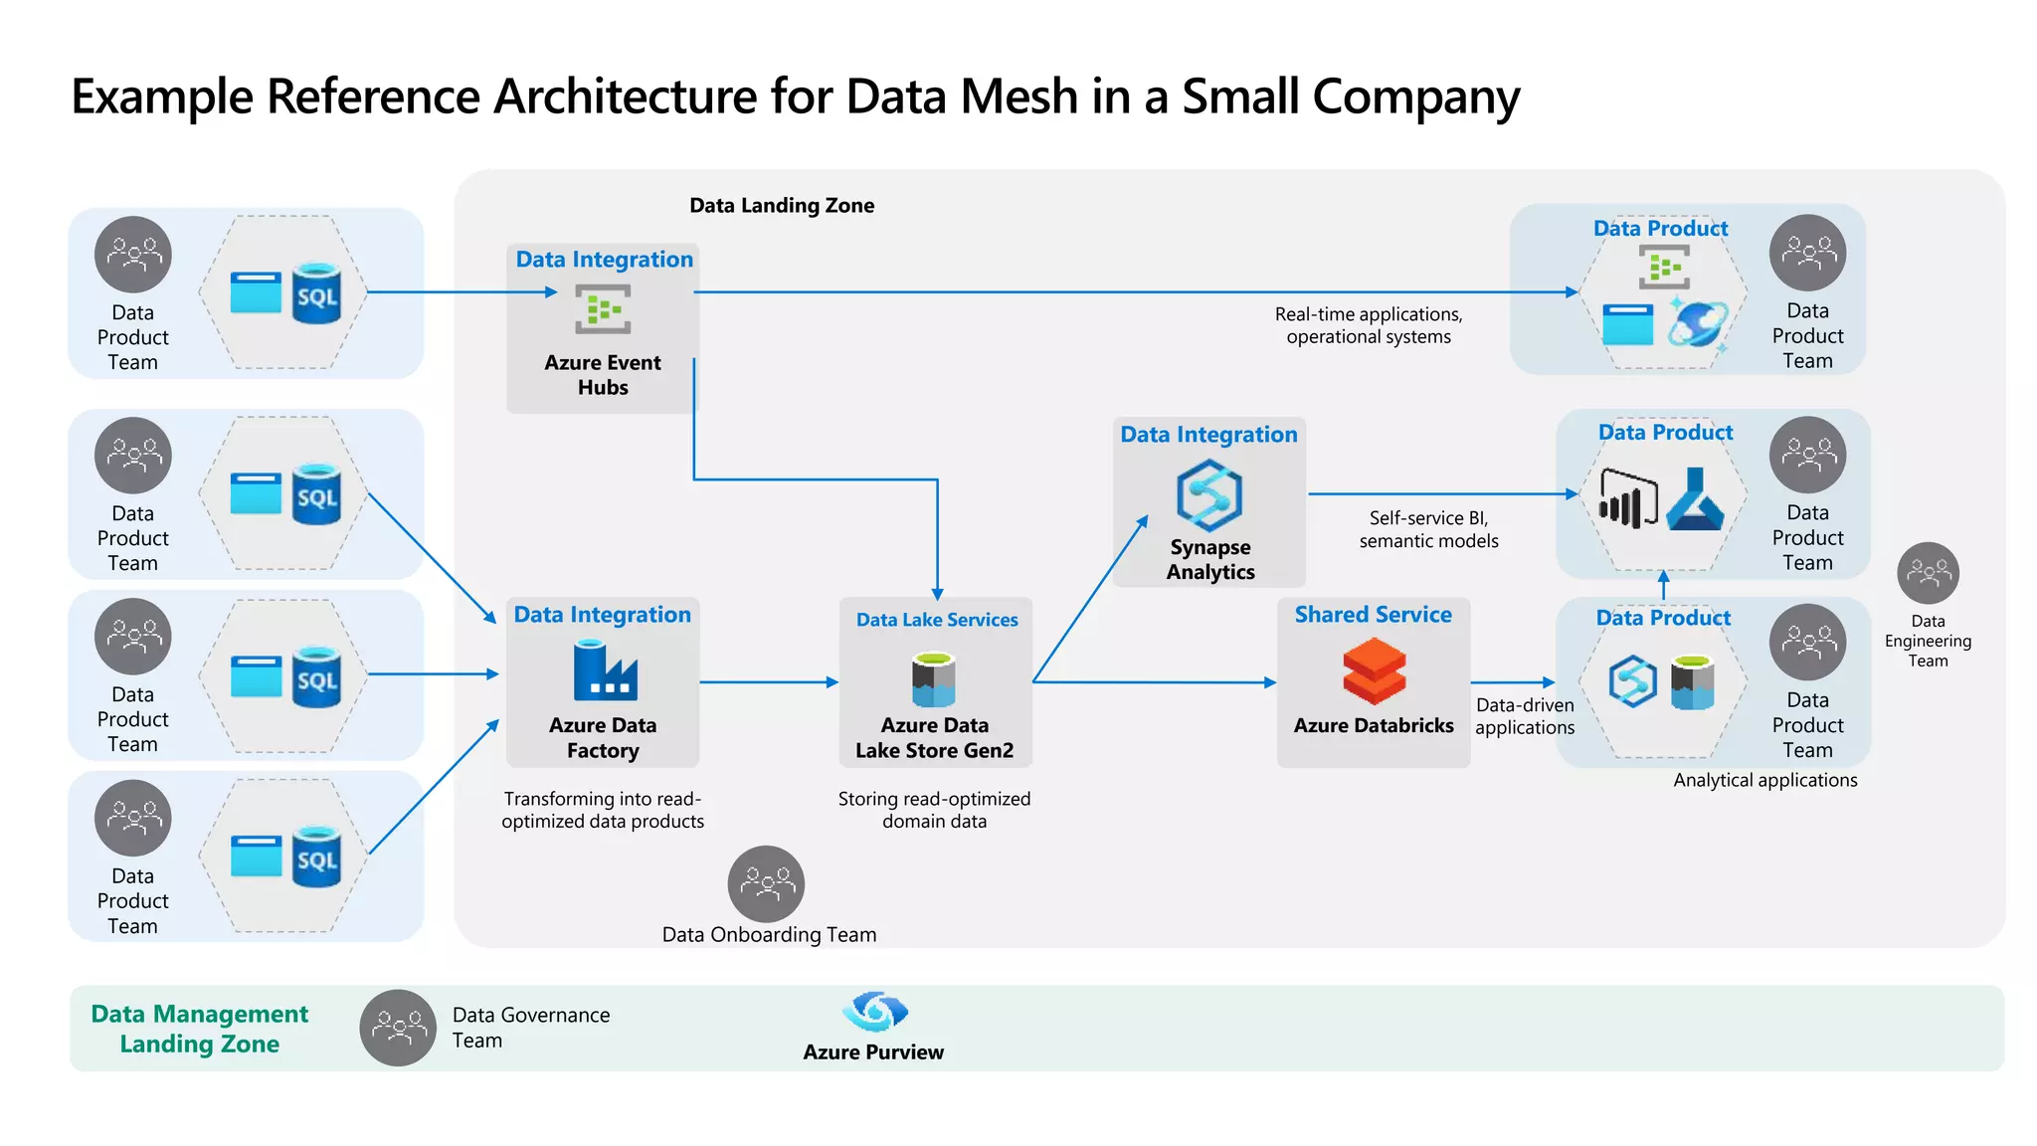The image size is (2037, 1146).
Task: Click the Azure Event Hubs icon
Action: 603,309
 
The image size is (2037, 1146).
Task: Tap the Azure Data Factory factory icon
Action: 605,671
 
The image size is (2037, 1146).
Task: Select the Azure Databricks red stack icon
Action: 1374,671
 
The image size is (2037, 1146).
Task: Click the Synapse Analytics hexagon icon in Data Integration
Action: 1208,494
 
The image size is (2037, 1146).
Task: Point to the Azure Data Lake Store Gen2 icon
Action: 934,679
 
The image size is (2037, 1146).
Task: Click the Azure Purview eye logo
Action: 874,1012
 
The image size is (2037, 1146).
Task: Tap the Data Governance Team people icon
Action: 398,1028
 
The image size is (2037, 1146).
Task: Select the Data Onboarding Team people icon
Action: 766,883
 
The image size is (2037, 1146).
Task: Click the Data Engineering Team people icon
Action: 1928,573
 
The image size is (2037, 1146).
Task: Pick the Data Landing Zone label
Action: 782,206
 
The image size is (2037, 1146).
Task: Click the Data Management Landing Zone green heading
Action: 200,1029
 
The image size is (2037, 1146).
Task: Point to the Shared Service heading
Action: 1373,615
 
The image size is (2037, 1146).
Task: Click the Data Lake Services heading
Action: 937,620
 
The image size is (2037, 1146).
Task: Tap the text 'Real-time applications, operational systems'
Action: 1369,325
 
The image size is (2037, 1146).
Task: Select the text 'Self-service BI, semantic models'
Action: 1428,529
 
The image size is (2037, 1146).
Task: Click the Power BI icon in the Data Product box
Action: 1627,498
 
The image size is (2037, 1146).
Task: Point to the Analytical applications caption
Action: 1764,781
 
